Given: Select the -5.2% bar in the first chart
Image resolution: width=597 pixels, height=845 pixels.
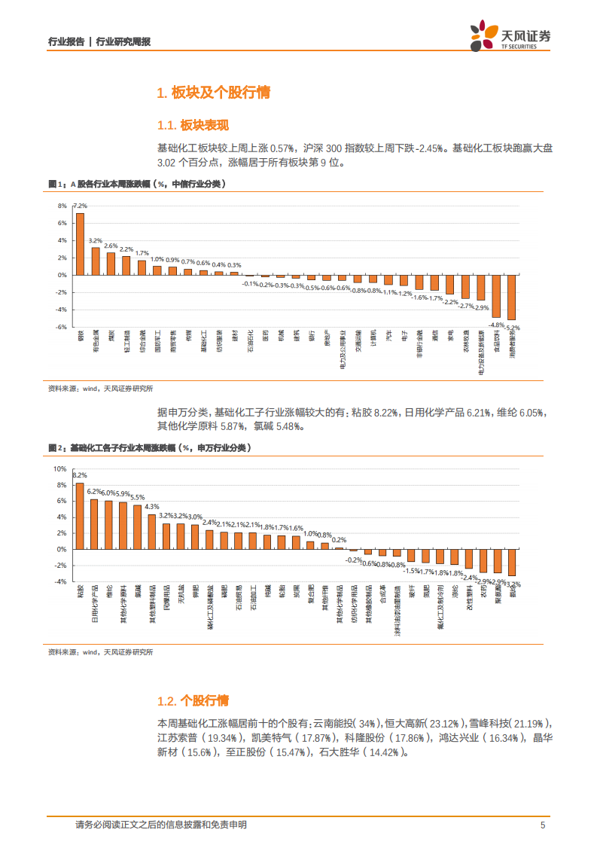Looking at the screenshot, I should click(x=511, y=297).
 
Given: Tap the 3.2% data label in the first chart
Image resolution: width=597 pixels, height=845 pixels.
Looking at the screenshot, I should click(x=96, y=240).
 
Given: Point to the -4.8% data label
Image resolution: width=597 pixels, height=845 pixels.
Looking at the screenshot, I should click(x=496, y=324).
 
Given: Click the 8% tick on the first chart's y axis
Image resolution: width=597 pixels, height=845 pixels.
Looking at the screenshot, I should click(x=62, y=206).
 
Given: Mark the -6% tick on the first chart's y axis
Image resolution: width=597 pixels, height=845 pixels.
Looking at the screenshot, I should click(x=62, y=327).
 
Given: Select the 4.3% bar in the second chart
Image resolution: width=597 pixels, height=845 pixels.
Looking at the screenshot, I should click(x=151, y=532).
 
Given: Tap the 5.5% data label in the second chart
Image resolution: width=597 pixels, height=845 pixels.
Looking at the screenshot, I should click(x=137, y=497).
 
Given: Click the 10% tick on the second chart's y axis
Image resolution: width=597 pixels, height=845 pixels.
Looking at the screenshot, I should click(x=60, y=468).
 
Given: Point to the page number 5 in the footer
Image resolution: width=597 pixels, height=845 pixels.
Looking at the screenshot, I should click(x=543, y=825).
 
